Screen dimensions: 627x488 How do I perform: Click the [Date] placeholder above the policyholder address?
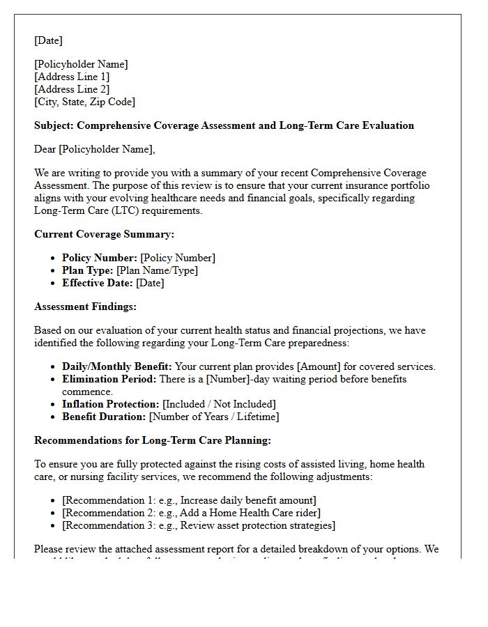tap(48, 40)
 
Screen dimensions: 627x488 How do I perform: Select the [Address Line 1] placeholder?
tap(72, 77)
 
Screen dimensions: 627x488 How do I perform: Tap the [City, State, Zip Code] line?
tap(84, 102)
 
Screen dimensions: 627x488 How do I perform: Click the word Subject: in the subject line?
tap(54, 125)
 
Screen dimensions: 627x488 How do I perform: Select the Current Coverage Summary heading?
tap(104, 234)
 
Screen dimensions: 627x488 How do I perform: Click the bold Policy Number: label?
tap(100, 258)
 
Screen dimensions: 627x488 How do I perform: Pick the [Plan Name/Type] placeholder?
tap(157, 270)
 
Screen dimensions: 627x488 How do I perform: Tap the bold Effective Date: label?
tap(98, 283)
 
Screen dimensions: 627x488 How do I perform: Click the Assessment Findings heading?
tap(85, 307)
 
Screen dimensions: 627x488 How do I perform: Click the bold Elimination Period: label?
tap(109, 379)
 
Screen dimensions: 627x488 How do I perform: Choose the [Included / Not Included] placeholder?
tap(219, 404)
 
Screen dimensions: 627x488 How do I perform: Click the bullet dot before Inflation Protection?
tap(54, 404)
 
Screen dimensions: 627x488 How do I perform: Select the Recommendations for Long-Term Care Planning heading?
tap(153, 440)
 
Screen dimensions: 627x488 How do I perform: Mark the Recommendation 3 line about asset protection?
tap(198, 525)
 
